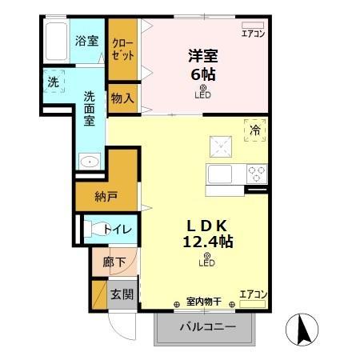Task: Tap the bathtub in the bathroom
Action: (55, 42)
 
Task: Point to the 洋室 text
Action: (202, 56)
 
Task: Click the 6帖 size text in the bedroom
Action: (202, 74)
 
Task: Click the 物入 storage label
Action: (122, 98)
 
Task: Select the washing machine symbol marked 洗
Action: (54, 82)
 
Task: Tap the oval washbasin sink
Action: (90, 162)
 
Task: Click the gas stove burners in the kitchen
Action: (256, 174)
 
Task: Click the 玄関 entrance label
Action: (122, 295)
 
